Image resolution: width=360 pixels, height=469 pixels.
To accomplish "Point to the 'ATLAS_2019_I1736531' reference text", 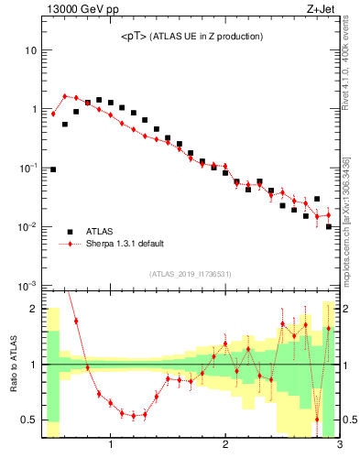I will coord(192,274).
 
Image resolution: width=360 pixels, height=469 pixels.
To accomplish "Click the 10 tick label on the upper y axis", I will coord(30,49).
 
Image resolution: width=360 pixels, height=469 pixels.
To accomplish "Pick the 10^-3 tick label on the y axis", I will coord(27,285).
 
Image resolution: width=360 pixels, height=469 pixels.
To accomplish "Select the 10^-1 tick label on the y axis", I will coord(27,168).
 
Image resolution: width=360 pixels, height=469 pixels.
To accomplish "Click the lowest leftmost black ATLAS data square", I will coord(53,169).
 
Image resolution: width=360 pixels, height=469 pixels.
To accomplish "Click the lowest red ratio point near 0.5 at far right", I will coord(317,420).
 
